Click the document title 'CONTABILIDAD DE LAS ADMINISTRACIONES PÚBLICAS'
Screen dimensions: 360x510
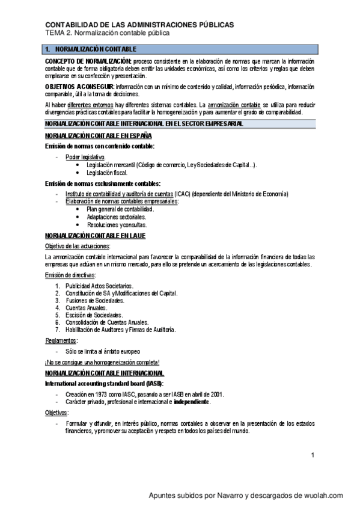coord(140,25)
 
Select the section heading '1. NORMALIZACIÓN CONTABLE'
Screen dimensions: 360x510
coord(91,49)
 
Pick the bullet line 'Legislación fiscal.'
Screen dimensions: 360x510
coord(107,173)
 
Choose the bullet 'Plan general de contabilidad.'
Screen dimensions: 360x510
coord(124,209)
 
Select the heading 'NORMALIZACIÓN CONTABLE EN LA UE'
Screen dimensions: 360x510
coord(95,236)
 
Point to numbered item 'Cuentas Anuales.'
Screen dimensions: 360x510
coord(87,307)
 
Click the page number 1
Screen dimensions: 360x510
coord(313,455)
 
